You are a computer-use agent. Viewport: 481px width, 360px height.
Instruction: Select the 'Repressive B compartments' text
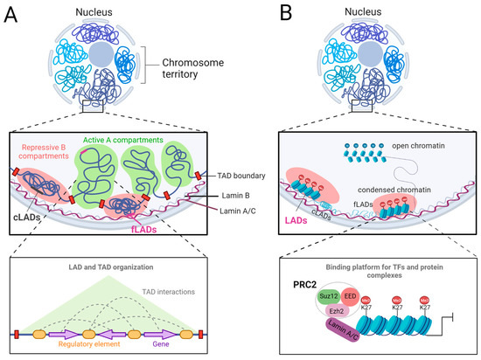52,143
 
